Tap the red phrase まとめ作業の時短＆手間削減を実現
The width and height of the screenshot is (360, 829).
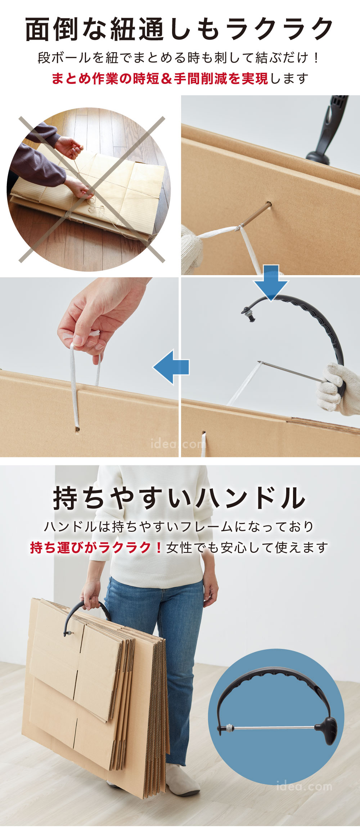pyautogui.click(x=160, y=79)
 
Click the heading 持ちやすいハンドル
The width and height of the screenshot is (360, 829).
pyautogui.click(x=179, y=498)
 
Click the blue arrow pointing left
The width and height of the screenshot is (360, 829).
pyautogui.click(x=171, y=367)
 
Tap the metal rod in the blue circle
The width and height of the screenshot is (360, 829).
pyautogui.click(x=274, y=727)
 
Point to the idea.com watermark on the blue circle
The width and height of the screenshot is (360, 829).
pyautogui.click(x=304, y=786)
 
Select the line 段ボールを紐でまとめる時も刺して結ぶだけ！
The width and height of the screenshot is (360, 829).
pyautogui.click(x=179, y=58)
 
